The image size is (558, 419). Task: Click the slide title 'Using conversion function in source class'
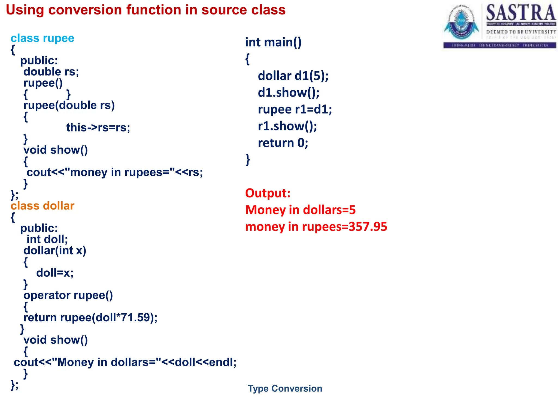point(145,10)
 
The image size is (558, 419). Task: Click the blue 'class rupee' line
point(42,38)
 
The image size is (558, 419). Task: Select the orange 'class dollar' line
point(42,206)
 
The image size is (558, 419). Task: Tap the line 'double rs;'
point(51,72)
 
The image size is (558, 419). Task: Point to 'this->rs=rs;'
point(98,128)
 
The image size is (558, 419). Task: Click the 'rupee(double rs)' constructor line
point(69,105)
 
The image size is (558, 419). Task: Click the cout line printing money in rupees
point(114,172)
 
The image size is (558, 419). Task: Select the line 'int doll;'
point(47,240)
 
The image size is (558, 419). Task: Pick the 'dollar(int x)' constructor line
point(54,251)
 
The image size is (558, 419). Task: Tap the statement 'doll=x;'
point(55,273)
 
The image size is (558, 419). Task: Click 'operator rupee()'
point(68,295)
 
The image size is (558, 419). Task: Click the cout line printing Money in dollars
point(125,362)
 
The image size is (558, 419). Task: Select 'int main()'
point(273,42)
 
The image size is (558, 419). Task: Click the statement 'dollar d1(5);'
point(293,76)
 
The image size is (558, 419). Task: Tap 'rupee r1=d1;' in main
point(295,109)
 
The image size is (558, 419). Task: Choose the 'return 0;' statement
point(283,143)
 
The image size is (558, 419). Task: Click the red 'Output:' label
point(268,193)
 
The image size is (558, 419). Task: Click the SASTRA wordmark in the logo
point(521,13)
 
